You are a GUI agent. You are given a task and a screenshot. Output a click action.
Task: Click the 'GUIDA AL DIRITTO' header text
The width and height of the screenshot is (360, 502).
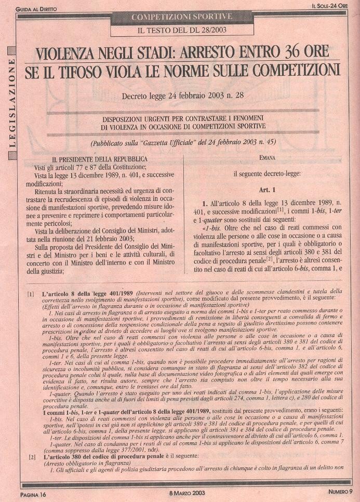(37, 9)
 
